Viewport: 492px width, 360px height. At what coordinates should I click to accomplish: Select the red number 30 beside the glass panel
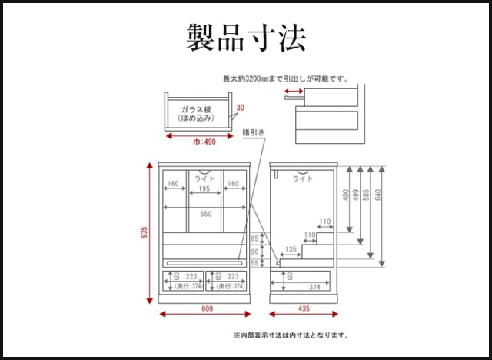click(240, 108)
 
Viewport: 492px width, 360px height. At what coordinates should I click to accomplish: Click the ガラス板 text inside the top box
click(197, 111)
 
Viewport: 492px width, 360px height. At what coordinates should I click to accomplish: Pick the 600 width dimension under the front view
click(206, 310)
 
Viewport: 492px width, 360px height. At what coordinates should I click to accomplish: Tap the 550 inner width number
click(205, 214)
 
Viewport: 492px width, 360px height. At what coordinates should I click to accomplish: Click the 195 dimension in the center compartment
click(204, 189)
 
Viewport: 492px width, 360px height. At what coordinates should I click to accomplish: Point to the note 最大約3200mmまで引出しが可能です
click(286, 78)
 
